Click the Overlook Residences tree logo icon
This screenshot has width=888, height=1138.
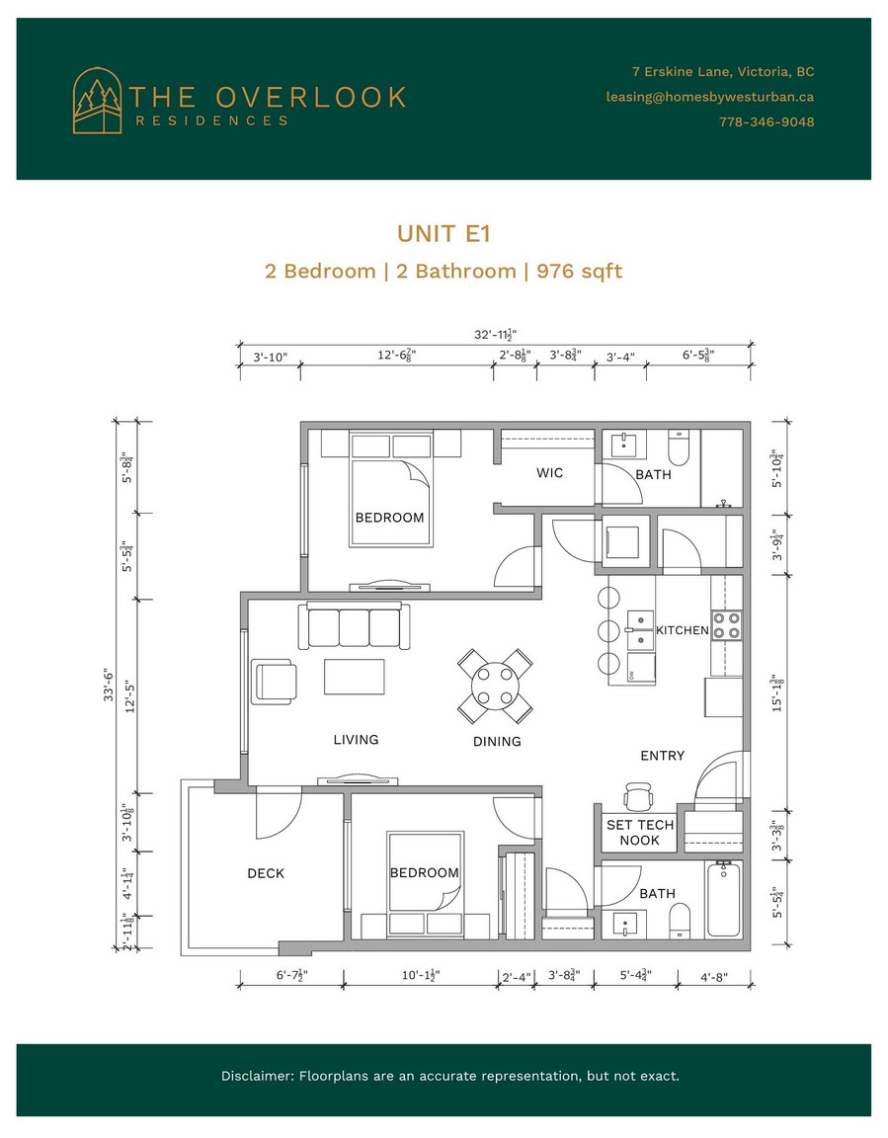click(x=97, y=101)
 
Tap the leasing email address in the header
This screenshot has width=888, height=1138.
click(x=709, y=97)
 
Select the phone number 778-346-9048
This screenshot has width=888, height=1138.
click(x=767, y=122)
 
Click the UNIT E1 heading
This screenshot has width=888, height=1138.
click(x=444, y=234)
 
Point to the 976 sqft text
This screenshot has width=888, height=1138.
click(x=579, y=272)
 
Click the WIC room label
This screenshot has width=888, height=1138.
click(x=549, y=472)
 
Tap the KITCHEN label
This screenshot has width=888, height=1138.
click(x=682, y=630)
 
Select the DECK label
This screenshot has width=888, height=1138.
click(x=266, y=873)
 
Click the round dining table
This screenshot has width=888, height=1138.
click(x=495, y=686)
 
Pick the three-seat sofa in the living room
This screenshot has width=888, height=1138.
click(x=354, y=625)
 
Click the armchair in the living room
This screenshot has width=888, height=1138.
click(x=275, y=682)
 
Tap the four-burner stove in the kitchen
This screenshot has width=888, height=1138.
click(x=726, y=626)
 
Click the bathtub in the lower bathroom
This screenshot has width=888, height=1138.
click(x=723, y=899)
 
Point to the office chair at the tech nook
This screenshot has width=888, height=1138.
click(x=638, y=795)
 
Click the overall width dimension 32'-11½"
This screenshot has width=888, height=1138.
click(x=496, y=335)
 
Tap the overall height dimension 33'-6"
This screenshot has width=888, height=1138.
click(x=109, y=685)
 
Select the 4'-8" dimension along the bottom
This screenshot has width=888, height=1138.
click(x=714, y=977)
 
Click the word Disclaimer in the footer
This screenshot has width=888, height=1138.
click(x=256, y=1076)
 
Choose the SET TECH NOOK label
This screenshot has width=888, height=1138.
click(x=640, y=833)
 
